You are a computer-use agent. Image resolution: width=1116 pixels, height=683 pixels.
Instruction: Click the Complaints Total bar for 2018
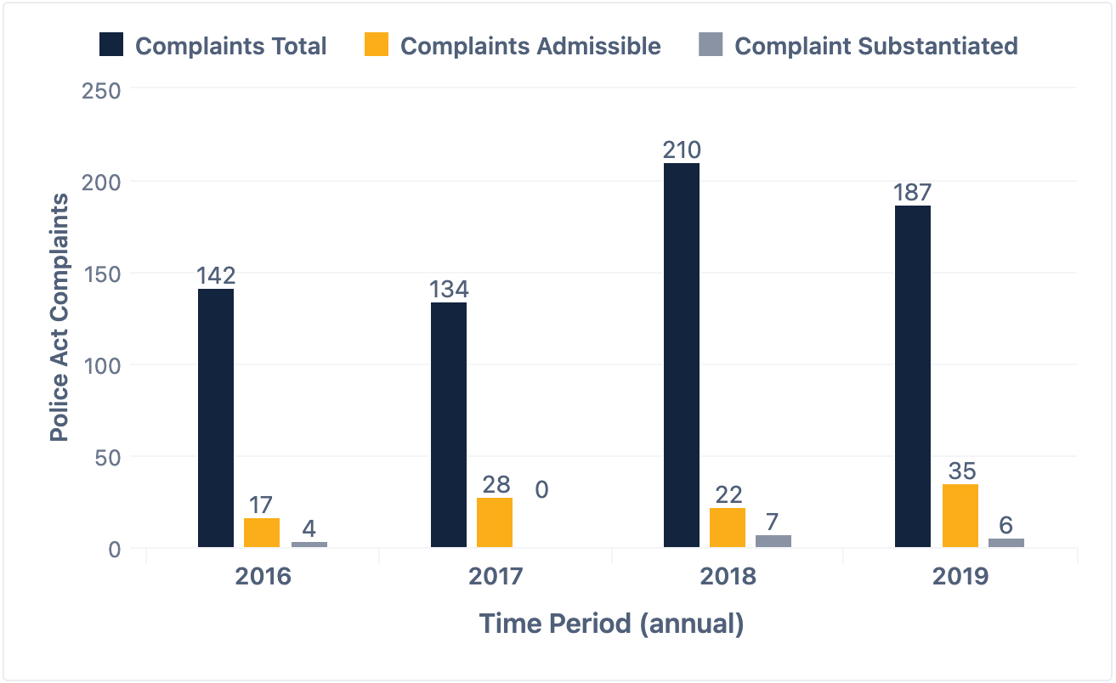(682, 355)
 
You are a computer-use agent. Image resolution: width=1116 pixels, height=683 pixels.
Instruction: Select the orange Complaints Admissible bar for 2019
(960, 516)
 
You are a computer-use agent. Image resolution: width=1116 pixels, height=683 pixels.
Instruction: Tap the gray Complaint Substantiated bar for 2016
(309, 545)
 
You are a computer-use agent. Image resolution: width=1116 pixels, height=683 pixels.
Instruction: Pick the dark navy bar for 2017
(449, 425)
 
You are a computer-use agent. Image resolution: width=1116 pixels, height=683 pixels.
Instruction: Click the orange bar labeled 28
(495, 522)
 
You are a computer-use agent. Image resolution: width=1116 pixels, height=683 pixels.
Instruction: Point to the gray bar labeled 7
(773, 541)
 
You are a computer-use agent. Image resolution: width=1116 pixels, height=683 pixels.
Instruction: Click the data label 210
(682, 150)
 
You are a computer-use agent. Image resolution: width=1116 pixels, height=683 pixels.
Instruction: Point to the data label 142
(216, 276)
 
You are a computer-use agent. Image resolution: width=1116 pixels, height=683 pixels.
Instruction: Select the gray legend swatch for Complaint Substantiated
(710, 45)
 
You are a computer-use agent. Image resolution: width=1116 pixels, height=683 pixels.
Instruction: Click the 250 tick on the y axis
(101, 90)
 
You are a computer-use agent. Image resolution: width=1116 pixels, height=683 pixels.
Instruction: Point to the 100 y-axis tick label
(101, 365)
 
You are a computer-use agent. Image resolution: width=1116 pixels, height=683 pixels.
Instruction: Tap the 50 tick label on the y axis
(107, 457)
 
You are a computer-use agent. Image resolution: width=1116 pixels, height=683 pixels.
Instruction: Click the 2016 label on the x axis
(263, 577)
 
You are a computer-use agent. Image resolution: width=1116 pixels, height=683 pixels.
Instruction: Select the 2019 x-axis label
(960, 577)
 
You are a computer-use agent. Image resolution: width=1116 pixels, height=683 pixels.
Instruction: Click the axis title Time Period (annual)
(611, 624)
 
